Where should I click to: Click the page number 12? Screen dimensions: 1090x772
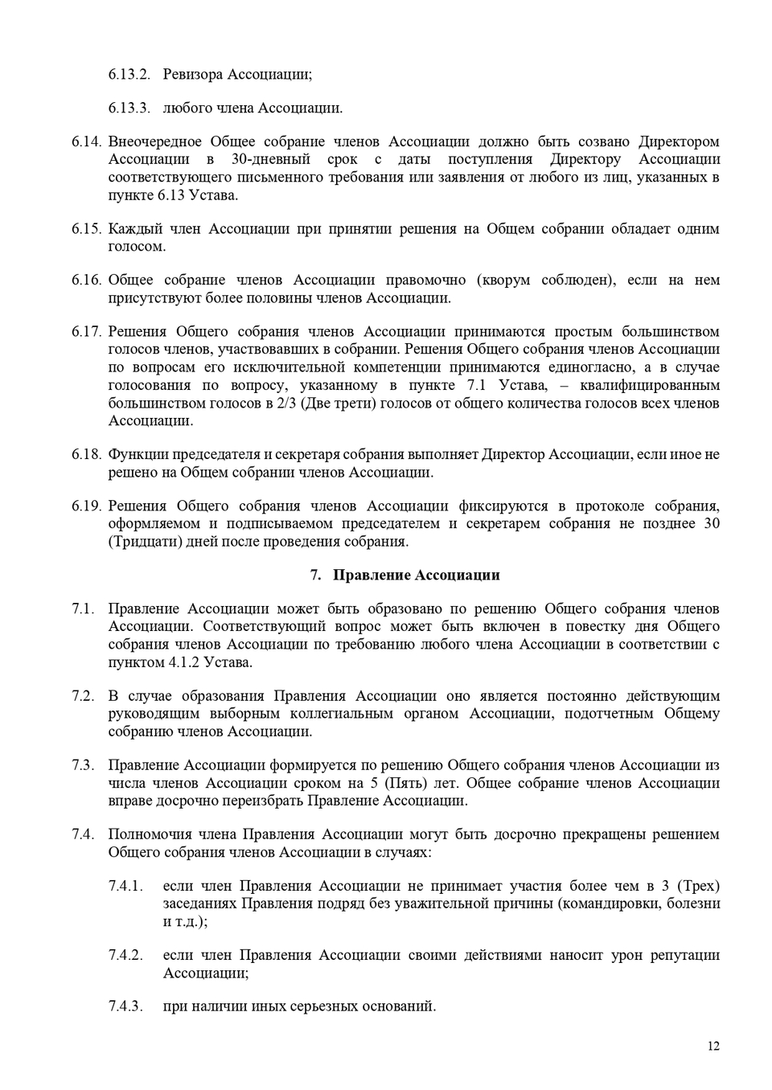point(713,1046)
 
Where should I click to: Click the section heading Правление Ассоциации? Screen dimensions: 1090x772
point(416,576)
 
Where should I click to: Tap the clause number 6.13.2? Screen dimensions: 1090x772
point(129,75)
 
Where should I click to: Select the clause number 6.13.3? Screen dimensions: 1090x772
point(129,109)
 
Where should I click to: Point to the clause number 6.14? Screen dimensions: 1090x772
point(86,142)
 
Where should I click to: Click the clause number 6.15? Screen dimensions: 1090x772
point(86,229)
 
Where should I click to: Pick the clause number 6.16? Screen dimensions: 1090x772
point(86,281)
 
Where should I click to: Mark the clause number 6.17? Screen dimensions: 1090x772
point(86,332)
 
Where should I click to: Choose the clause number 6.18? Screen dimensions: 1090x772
point(86,455)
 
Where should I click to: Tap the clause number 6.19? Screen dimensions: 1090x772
point(86,506)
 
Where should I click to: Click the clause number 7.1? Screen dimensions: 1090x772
point(83,609)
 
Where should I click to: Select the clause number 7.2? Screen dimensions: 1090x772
point(83,696)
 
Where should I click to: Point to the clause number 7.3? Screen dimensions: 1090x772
point(83,765)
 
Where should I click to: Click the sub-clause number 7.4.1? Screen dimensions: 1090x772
point(125,887)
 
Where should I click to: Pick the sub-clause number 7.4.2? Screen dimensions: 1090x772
point(125,956)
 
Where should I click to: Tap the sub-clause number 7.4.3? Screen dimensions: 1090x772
point(125,1006)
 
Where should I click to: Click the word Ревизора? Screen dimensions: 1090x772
point(192,75)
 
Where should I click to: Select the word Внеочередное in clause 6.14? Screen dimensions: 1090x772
point(154,142)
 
